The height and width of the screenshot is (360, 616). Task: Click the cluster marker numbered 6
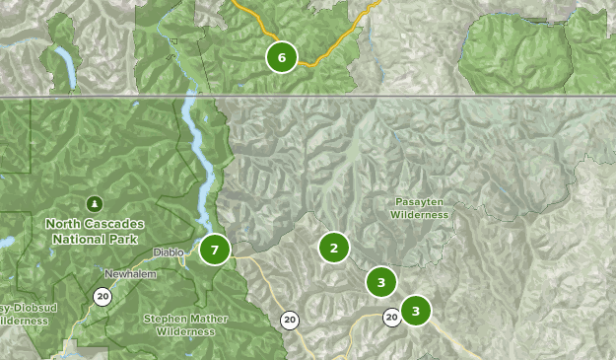click(x=282, y=57)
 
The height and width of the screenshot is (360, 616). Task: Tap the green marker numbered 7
click(x=215, y=250)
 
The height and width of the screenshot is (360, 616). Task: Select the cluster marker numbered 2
click(x=334, y=248)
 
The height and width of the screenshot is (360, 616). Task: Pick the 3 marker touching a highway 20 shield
click(x=416, y=311)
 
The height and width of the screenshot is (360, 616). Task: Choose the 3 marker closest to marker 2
click(x=381, y=282)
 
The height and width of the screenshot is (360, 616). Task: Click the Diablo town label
click(x=168, y=252)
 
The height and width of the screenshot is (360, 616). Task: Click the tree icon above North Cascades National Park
click(x=95, y=204)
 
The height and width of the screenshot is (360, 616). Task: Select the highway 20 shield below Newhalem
click(x=103, y=296)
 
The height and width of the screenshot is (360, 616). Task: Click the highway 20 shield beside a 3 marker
click(x=391, y=317)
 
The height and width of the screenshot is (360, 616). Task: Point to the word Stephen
click(x=164, y=319)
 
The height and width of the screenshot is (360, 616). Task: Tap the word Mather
click(x=201, y=319)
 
